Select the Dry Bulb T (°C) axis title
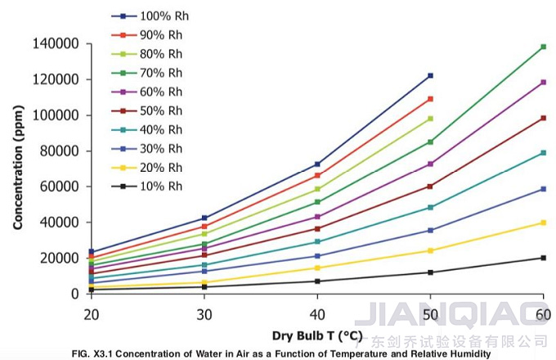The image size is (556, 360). coord(316,335)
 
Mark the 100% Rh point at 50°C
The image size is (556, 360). coord(430,75)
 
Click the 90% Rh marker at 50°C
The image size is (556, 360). coord(430,99)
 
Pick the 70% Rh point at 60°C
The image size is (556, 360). coord(544,47)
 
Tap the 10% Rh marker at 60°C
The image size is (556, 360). coord(544,258)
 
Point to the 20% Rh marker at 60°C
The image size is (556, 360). coord(544,223)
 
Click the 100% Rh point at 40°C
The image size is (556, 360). coord(317,164)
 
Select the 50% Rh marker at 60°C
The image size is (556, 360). coord(544,118)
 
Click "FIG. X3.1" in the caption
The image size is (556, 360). coord(92,353)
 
